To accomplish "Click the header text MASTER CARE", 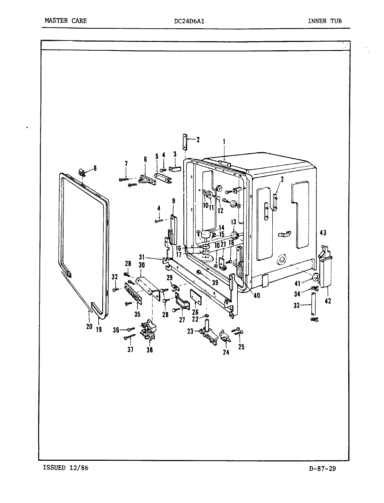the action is point(66,21).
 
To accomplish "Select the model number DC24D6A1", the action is point(189,21).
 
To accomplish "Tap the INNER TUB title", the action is point(325,21).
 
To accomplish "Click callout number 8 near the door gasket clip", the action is point(95,168).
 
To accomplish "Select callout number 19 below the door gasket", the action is point(99,329).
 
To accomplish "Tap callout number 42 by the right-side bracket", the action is point(328,301).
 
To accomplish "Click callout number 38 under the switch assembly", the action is point(149,350).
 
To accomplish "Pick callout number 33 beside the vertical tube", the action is point(296,305).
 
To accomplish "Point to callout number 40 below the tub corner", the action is point(257,296).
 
